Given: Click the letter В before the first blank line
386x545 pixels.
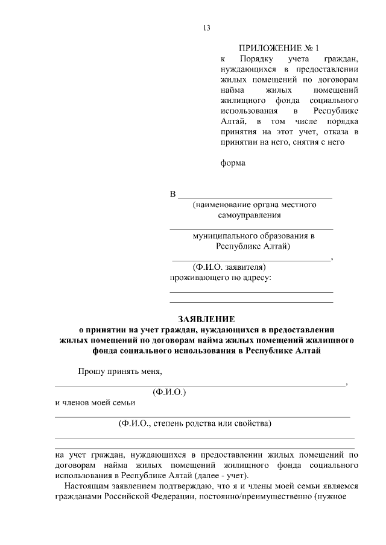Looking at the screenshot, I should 174,194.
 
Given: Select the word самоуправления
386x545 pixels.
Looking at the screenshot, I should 250,215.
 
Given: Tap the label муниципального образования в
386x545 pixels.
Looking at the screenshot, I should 254,236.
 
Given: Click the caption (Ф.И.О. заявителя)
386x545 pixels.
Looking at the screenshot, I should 229,267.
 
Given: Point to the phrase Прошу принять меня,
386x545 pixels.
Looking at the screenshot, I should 121,371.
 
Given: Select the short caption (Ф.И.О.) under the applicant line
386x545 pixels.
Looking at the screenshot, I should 169,392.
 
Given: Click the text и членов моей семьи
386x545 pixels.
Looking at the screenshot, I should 95,402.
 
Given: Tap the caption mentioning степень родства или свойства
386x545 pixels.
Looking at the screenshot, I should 195,423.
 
